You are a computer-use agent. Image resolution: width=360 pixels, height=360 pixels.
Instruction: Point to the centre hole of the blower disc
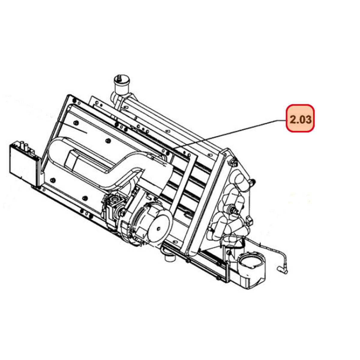tap(159, 228)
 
